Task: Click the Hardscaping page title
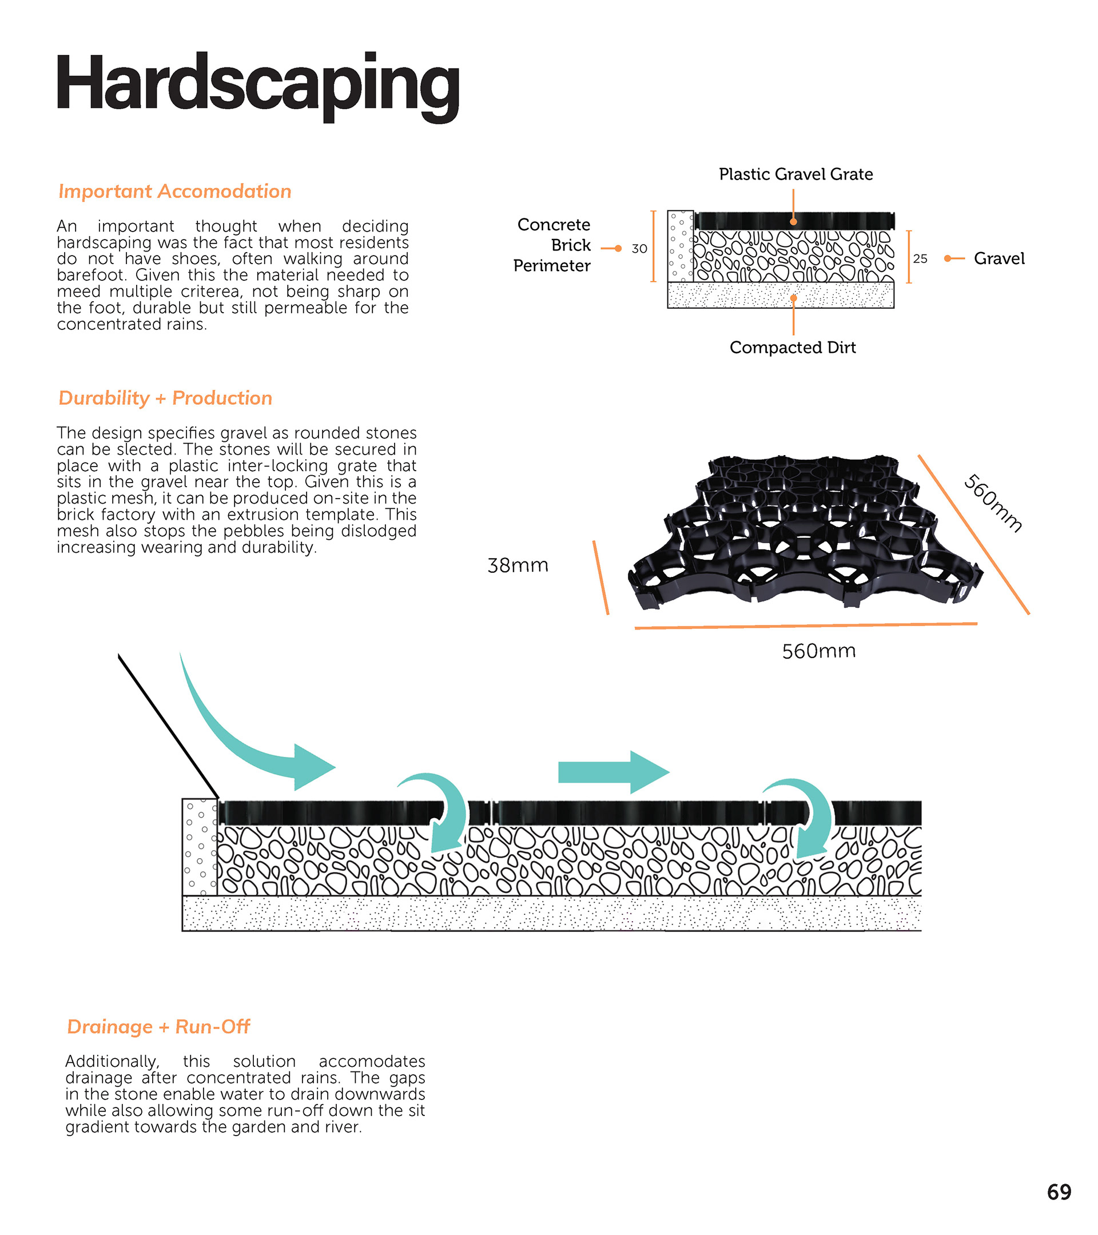pyautogui.click(x=257, y=85)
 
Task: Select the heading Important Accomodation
pyautogui.click(x=174, y=192)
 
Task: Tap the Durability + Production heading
pyautogui.click(x=165, y=398)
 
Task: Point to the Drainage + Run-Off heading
pyautogui.click(x=158, y=1026)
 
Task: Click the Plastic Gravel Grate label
pyautogui.click(x=795, y=174)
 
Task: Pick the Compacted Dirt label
pyautogui.click(x=792, y=348)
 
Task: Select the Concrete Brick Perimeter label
pyautogui.click(x=552, y=245)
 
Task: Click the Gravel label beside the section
pyautogui.click(x=999, y=258)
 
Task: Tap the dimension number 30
pyautogui.click(x=639, y=249)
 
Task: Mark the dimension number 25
pyautogui.click(x=920, y=259)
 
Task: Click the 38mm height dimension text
pyautogui.click(x=518, y=565)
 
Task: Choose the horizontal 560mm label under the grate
pyautogui.click(x=819, y=651)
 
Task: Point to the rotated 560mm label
pyautogui.click(x=992, y=503)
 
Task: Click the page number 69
pyautogui.click(x=1059, y=1192)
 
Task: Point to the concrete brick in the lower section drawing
pyautogui.click(x=200, y=847)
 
